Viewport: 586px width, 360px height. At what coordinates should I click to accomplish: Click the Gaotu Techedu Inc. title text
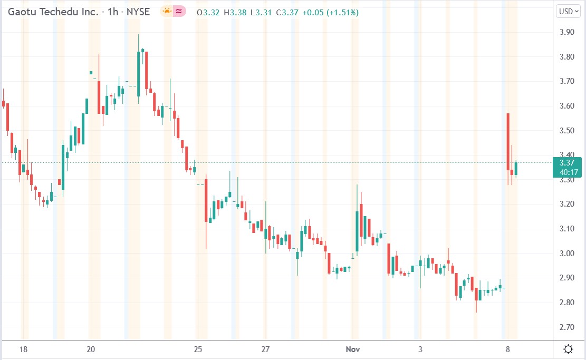click(x=53, y=12)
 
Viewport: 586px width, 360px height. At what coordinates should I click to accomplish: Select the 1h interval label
click(x=113, y=12)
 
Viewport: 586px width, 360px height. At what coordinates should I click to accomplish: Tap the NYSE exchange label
click(x=138, y=12)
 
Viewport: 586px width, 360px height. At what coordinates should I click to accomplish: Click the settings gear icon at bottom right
click(x=569, y=349)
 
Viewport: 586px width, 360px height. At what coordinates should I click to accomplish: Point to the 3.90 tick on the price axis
click(x=566, y=32)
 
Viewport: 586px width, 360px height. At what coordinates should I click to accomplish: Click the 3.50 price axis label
click(x=566, y=130)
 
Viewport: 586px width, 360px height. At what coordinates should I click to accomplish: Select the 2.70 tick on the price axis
click(x=566, y=327)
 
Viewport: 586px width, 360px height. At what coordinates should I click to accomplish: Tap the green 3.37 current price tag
click(x=567, y=167)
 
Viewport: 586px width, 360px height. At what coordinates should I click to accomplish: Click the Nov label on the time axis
click(x=352, y=349)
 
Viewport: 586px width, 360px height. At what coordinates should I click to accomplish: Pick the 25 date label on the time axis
click(x=198, y=349)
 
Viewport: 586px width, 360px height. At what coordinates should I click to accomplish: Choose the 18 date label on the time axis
click(x=23, y=349)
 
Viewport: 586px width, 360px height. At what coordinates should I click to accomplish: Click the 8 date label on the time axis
click(x=507, y=349)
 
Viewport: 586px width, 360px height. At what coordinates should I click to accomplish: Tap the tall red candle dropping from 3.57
click(x=508, y=141)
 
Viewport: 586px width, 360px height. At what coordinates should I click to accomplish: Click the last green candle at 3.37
click(x=516, y=169)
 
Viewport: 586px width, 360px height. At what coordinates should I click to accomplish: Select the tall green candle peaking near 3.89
click(x=139, y=74)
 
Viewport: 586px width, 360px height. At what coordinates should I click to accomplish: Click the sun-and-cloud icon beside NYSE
click(x=167, y=11)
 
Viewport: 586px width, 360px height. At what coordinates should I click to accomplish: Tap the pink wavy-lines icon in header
click(x=180, y=11)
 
